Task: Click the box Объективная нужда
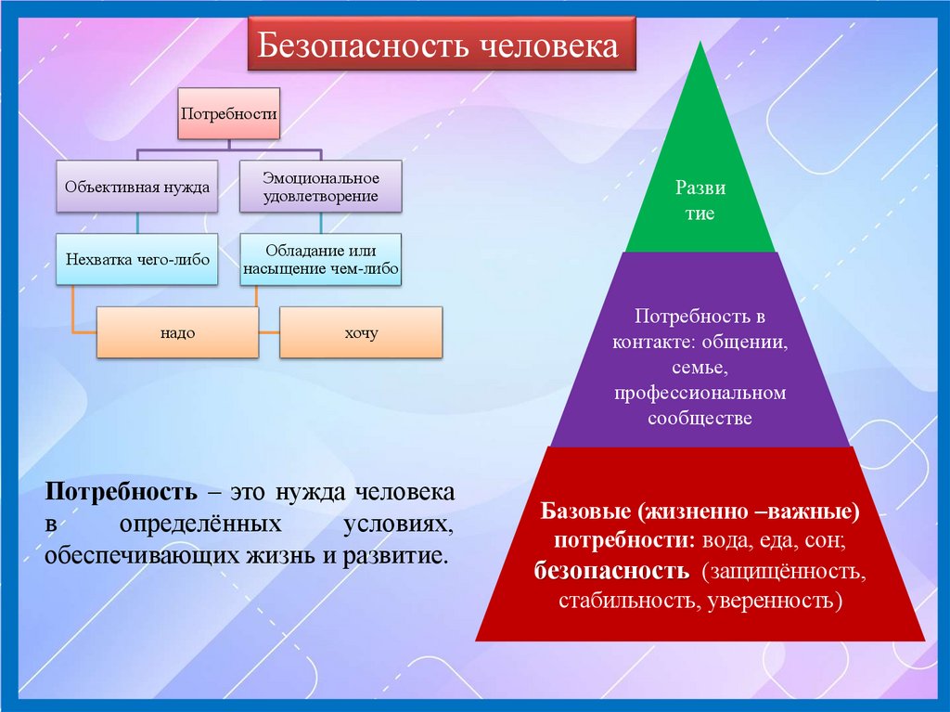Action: pos(137,186)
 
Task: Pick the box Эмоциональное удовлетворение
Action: pos(320,186)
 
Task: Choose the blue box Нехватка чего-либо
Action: pos(137,259)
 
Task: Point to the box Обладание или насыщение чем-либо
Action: pos(320,259)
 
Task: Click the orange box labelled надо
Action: pos(177,332)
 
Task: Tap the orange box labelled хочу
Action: pos(361,332)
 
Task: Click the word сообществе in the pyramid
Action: pos(700,419)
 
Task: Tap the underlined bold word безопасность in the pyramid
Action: pos(611,570)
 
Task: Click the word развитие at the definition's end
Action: pos(392,557)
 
